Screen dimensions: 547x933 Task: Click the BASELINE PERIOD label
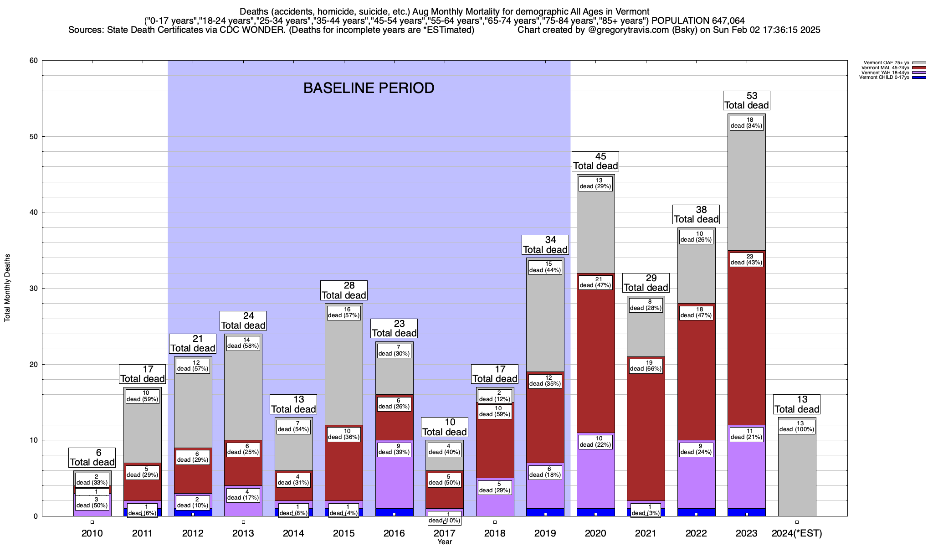coord(369,88)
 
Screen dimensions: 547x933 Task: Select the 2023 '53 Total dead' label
coord(746,100)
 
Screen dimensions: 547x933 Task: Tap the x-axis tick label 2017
coord(444,533)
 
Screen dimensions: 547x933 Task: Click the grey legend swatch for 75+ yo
coord(919,63)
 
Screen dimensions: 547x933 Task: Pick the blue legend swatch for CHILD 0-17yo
coord(919,77)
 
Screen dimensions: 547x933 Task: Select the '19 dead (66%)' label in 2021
coord(646,366)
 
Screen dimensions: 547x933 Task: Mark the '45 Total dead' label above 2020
coord(595,161)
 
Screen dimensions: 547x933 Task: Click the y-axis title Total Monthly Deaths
coord(7,288)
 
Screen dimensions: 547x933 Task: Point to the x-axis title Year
coord(444,542)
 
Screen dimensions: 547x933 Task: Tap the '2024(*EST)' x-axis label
coord(796,533)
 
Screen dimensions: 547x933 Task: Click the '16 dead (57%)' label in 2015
coord(343,312)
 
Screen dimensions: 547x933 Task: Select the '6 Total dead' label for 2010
coord(92,457)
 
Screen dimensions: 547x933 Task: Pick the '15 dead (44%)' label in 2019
coord(545,267)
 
